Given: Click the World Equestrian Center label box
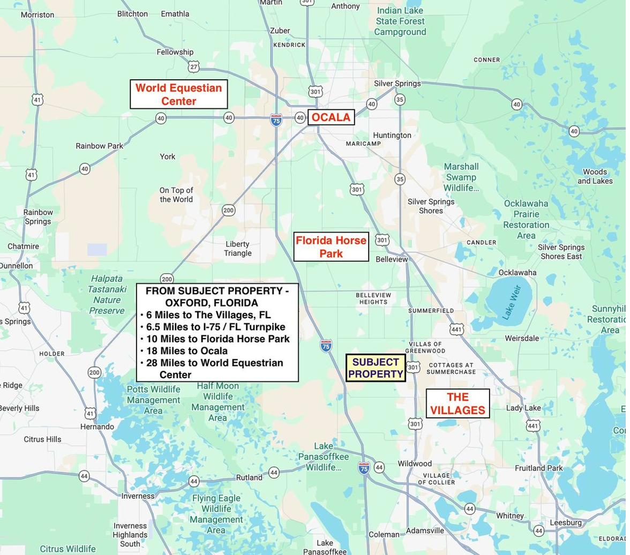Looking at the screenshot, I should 178,94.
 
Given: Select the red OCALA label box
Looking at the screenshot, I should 331,117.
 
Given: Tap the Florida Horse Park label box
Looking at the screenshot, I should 331,246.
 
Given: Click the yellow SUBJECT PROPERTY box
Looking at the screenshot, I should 376,368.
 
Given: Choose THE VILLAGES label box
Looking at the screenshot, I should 457,403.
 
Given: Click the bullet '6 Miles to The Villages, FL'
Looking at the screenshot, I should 208,315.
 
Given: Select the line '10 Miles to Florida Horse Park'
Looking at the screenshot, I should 217,339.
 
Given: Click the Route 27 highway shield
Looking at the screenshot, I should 194,66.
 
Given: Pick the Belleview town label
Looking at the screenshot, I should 392,259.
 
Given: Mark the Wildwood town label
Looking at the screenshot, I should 414,463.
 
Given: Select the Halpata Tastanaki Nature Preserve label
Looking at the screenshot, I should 107,294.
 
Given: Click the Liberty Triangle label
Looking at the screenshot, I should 237,249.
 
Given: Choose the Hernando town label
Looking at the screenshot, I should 97,427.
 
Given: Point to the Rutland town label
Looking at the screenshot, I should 249,477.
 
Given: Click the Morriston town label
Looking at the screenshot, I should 37,14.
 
